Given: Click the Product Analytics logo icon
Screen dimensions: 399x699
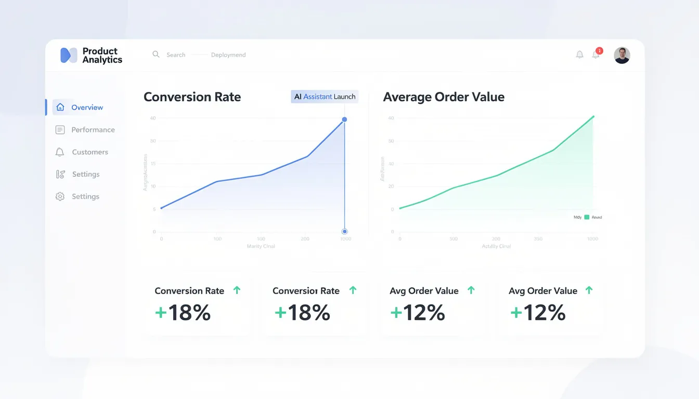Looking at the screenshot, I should point(69,55).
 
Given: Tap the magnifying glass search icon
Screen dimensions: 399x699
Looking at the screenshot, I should point(156,55).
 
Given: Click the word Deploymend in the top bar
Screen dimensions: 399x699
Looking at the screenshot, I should point(228,55).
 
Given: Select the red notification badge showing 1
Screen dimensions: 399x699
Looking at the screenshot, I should point(599,51).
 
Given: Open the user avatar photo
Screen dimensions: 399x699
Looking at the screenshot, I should point(622,55).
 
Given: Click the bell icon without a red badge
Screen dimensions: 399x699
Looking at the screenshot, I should point(579,55).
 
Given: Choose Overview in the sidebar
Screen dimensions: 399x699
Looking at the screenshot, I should point(87,108).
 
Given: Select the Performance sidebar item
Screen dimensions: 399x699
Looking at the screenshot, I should point(93,130).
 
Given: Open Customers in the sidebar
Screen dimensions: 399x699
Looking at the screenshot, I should point(90,152).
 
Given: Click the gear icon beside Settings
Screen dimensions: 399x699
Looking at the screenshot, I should point(60,196).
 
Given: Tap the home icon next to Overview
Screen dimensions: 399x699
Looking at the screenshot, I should point(60,108).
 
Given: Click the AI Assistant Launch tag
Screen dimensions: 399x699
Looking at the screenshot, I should point(325,97).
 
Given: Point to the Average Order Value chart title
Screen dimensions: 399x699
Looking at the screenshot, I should point(444,97).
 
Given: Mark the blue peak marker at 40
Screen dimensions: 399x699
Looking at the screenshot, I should point(344,119).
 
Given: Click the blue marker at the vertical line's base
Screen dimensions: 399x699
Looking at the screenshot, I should point(344,231).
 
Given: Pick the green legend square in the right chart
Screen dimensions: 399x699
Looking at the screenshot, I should point(587,217).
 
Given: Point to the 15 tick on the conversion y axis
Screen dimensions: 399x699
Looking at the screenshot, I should point(153,164).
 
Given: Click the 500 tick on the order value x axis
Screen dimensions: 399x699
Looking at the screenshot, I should point(453,239).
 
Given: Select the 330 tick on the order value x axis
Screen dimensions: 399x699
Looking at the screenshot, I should point(538,239).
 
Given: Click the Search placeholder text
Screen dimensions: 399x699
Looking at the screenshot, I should point(176,55).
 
